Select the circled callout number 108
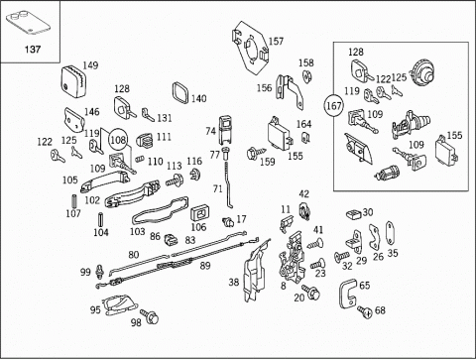[x=118, y=140]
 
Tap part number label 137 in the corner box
[x=33, y=50]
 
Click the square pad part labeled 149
[x=73, y=81]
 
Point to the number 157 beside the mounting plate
[x=276, y=41]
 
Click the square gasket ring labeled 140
[x=180, y=92]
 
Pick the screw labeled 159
[x=256, y=153]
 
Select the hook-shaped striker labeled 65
[x=347, y=294]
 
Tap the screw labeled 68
[x=365, y=311]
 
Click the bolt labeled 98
[x=150, y=316]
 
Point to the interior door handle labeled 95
[x=119, y=304]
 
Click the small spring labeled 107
[x=74, y=201]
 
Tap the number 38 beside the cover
[x=234, y=282]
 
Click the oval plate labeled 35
[x=389, y=234]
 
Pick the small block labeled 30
[x=353, y=214]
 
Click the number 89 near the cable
[x=205, y=266]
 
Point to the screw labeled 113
[x=175, y=180]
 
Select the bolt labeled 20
[x=310, y=292]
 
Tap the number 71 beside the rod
[x=218, y=188]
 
